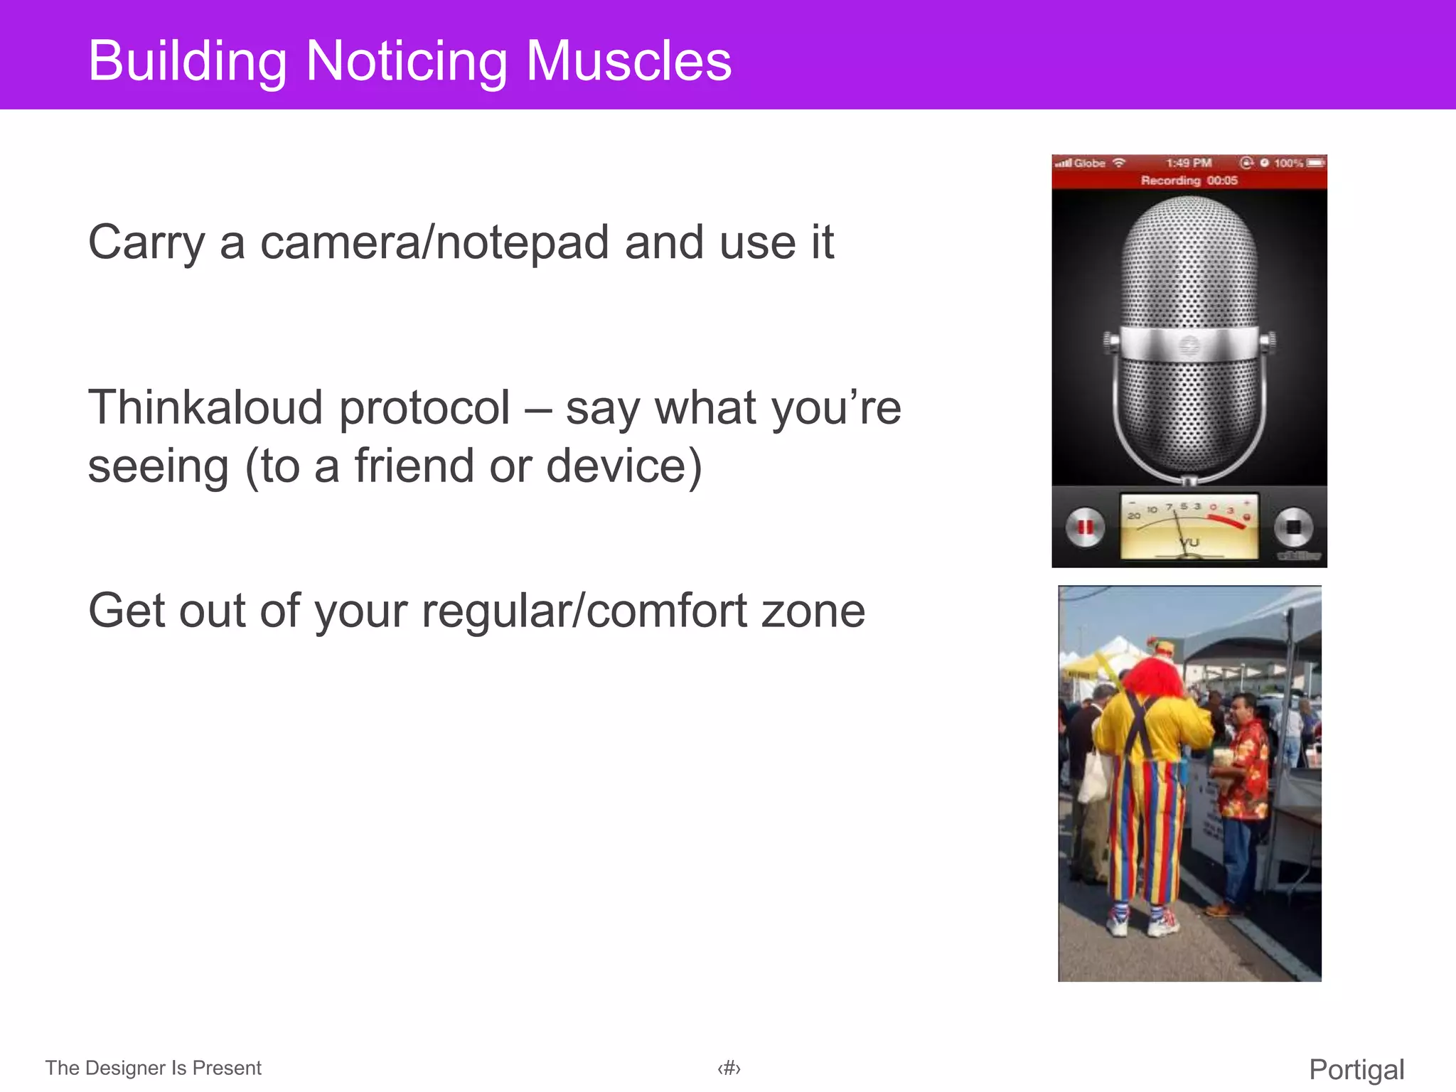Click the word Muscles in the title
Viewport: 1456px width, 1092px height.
[x=628, y=61]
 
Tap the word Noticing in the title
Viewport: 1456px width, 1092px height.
[x=406, y=63]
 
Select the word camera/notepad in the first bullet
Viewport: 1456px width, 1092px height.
[x=434, y=242]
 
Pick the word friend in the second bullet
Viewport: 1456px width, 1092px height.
[x=415, y=466]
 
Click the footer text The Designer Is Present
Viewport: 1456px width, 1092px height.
[x=153, y=1068]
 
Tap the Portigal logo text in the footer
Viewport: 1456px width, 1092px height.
[x=1356, y=1069]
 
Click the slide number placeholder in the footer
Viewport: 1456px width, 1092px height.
[x=729, y=1069]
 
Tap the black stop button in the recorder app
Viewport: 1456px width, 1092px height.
[x=1293, y=527]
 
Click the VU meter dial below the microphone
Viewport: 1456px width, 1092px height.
[x=1189, y=527]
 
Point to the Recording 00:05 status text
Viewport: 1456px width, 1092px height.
[x=1189, y=181]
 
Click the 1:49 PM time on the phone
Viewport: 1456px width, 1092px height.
[x=1189, y=163]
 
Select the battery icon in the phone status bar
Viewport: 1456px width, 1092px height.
[x=1315, y=163]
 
